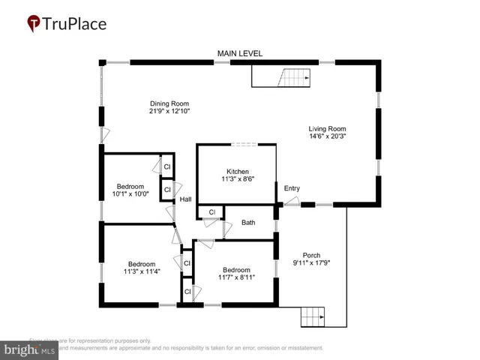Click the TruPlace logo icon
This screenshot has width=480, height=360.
click(33, 24)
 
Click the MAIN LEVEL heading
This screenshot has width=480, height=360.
click(239, 53)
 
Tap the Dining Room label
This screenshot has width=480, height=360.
click(169, 103)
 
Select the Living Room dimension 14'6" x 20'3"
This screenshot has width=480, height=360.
click(327, 136)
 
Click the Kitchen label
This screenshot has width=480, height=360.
click(237, 172)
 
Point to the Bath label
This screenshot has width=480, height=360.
click(248, 222)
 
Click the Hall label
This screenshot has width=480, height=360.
click(185, 199)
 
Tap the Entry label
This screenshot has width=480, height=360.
click(292, 188)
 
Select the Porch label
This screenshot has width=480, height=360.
click(311, 254)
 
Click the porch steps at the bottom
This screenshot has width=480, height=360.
click(315, 317)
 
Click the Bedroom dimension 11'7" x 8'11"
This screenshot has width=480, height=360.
click(236, 278)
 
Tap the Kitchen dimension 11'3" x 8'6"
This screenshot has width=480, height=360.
click(237, 180)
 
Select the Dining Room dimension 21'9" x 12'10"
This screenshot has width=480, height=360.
click(169, 112)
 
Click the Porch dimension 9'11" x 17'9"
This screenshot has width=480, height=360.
click(311, 262)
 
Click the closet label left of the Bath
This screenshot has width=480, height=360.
click(211, 212)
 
